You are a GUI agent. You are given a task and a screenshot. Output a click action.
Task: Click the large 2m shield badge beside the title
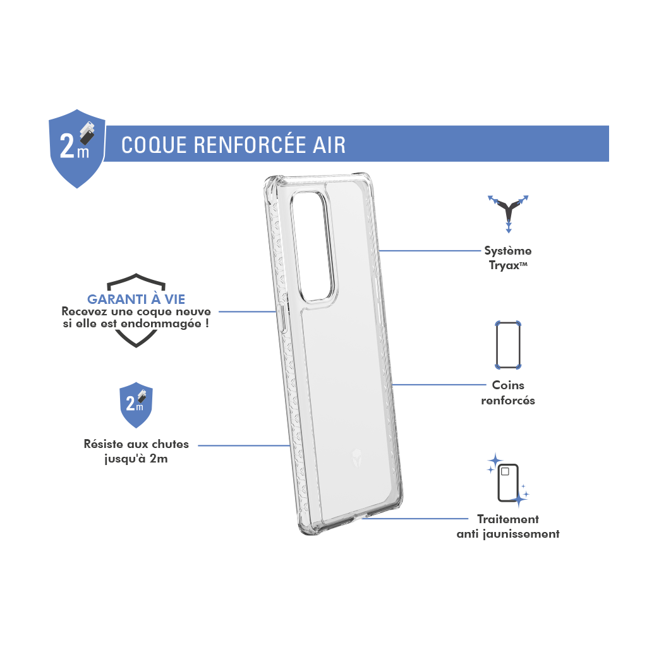pyautogui.click(x=77, y=148)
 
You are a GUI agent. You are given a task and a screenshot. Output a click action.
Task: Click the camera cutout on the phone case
pyautogui.click(x=312, y=247)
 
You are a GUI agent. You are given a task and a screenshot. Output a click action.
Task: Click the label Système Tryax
pyautogui.click(x=508, y=258)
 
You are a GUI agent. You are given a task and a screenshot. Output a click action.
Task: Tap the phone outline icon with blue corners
pyautogui.click(x=508, y=345)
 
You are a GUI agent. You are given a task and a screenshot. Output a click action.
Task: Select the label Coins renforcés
pyautogui.click(x=508, y=393)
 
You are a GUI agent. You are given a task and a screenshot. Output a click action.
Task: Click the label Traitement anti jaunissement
pyautogui.click(x=508, y=526)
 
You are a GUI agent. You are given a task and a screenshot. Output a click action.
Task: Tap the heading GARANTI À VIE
pyautogui.click(x=136, y=299)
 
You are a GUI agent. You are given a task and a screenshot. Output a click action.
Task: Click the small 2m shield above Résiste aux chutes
pyautogui.click(x=136, y=405)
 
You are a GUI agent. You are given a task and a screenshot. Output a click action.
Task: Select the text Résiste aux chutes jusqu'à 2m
pyautogui.click(x=136, y=451)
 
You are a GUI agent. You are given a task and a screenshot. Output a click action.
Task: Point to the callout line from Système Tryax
pyautogui.click(x=430, y=250)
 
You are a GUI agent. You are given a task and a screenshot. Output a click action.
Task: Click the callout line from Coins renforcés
pyautogui.click(x=439, y=385)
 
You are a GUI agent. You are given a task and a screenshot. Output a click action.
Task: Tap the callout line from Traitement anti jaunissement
pyautogui.click(x=414, y=519)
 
